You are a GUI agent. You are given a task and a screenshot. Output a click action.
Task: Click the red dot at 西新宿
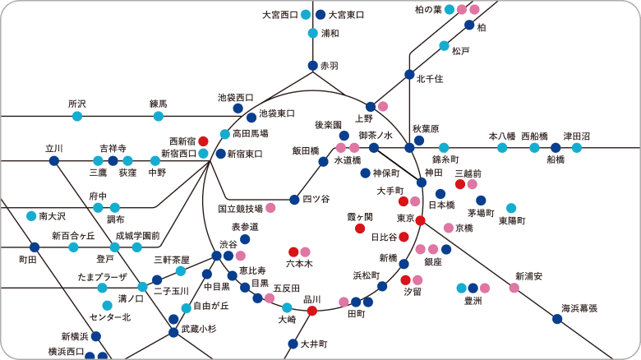[x=203, y=141]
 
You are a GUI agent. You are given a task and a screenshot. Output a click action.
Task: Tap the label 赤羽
[x=330, y=66]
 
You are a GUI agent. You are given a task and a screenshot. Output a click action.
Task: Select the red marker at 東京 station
[x=420, y=220]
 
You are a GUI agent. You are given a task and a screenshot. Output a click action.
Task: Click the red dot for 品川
[x=312, y=311]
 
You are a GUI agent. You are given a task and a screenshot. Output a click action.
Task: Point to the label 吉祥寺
[x=113, y=148]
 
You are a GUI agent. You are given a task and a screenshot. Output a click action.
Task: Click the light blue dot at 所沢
[x=77, y=116]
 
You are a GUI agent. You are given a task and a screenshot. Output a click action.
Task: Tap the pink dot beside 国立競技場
[x=270, y=208]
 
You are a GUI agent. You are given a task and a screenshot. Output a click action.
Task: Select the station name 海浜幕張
[x=579, y=308]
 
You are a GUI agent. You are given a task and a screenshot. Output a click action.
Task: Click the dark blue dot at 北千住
[x=409, y=75]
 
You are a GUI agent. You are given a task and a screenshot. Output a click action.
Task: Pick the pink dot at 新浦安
[x=514, y=288]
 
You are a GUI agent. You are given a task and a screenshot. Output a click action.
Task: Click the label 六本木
[x=299, y=264]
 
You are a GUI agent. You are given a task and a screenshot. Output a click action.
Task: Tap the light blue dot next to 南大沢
[x=31, y=215]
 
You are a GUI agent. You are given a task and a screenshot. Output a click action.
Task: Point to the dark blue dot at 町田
[x=35, y=247]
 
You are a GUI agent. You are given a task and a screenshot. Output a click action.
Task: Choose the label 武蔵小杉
[x=199, y=329]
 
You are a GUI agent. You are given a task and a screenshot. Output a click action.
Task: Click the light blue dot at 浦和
[x=313, y=33]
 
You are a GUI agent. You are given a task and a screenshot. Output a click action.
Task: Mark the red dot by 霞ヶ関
[x=360, y=228]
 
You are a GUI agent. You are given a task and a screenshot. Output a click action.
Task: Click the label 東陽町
[x=512, y=221]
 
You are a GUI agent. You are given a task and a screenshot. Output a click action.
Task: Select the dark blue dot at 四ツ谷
[x=294, y=200]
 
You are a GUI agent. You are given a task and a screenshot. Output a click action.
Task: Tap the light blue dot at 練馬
[x=159, y=116]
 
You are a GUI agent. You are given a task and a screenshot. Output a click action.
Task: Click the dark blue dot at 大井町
[x=293, y=344]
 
